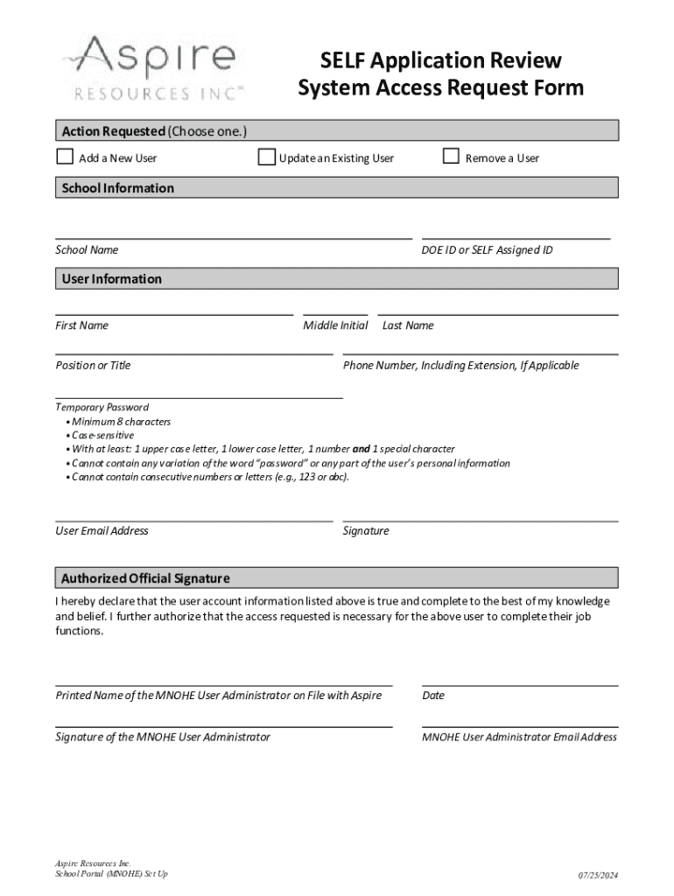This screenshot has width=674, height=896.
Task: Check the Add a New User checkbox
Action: pos(65,157)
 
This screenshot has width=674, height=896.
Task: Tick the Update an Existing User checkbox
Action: pos(266,157)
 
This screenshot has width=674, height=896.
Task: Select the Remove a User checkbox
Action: pos(451,157)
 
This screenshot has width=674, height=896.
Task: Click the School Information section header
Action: pos(117,188)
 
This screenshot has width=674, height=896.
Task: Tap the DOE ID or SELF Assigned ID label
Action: pos(487,250)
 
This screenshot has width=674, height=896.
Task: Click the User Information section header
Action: pos(111,279)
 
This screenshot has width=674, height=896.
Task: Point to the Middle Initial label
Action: pos(335,325)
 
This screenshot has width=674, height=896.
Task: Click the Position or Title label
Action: pos(93,366)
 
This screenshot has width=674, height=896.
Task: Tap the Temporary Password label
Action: pos(102,407)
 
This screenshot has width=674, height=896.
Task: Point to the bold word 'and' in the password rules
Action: pos(361,449)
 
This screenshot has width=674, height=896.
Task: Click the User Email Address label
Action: pos(102,531)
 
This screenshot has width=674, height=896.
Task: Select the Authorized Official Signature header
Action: pos(145,578)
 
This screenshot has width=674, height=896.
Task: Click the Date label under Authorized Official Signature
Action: pos(433,696)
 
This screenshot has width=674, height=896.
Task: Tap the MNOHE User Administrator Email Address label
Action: pos(519,737)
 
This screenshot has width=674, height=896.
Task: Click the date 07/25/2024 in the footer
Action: pos(597,876)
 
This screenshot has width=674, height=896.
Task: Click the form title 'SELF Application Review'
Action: pos(440,60)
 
